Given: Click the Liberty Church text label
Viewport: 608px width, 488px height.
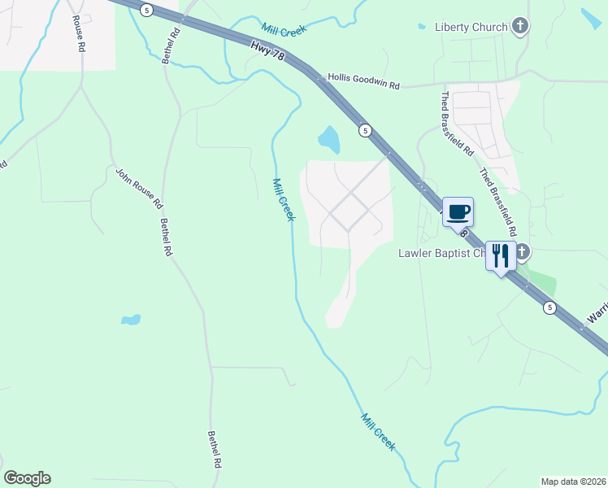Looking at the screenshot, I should tap(471, 27).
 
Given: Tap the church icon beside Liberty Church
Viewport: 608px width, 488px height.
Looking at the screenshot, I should tap(520, 27).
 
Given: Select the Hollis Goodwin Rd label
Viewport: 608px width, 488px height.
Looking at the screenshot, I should tap(363, 81).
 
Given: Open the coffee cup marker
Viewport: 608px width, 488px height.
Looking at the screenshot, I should tap(458, 211).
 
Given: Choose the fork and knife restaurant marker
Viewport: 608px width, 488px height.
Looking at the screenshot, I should tap(501, 257).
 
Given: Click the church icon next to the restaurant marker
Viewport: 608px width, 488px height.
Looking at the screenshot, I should tap(522, 252).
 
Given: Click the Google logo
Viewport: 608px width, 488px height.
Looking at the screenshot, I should tap(27, 478).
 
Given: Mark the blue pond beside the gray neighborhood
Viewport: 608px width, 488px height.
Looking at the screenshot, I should tap(329, 140).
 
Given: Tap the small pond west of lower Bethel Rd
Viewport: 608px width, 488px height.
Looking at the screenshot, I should tap(131, 320).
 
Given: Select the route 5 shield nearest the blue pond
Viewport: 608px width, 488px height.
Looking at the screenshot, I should tap(366, 130).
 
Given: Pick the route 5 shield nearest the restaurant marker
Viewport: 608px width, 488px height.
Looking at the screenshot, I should tap(550, 307).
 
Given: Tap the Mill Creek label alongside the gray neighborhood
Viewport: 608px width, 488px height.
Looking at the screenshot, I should tap(283, 199).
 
